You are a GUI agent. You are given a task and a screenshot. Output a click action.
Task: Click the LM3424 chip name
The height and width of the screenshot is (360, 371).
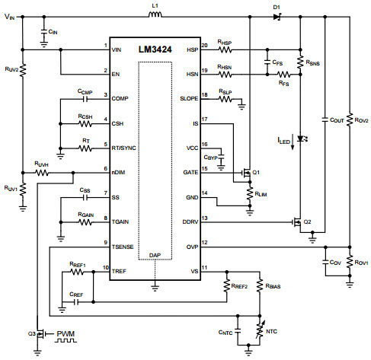pos(155,49)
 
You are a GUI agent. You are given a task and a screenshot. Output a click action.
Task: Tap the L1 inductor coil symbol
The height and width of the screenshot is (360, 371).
pos(155,14)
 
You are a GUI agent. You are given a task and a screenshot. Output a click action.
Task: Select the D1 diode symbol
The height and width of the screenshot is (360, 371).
pos(277,17)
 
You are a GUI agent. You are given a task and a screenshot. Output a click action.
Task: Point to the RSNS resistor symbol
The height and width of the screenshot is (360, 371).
pos(300,62)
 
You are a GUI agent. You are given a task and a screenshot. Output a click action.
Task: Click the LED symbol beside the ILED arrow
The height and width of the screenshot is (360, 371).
pos(302,139)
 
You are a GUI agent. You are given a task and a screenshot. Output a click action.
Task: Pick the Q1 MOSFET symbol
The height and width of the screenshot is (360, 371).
pos(246,173)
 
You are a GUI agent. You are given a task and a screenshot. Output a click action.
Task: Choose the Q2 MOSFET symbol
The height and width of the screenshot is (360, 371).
pos(297,222)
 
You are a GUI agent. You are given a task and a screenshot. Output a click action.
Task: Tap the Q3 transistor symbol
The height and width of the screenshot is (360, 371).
pos(40,334)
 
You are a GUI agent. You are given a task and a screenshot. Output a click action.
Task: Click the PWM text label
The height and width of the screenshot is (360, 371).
pos(66,333)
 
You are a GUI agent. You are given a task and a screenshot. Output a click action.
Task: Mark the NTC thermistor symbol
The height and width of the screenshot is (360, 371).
pos(260,330)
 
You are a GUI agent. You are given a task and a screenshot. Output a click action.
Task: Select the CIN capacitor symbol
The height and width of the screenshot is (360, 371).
pos(44,32)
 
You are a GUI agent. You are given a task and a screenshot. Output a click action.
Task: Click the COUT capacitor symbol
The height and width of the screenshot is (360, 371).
pos(325,119)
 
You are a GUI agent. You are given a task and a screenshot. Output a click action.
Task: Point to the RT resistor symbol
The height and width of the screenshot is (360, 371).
pos(85,148)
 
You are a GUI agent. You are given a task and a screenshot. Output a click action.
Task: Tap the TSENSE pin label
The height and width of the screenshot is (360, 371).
pos(123,247)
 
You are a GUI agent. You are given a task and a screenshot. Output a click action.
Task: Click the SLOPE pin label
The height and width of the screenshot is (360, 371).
pos(189,98)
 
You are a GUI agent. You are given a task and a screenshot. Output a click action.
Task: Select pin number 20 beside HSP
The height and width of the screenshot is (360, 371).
pos(204,45)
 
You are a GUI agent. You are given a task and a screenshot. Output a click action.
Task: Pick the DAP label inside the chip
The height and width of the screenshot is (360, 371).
pos(155,255)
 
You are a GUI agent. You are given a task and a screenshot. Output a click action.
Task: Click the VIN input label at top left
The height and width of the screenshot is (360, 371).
pos(10,17)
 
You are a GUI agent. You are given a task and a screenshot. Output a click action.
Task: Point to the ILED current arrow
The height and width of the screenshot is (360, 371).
pos(293,142)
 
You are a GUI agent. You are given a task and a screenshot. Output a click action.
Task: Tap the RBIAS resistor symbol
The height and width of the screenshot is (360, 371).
pos(260,286)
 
